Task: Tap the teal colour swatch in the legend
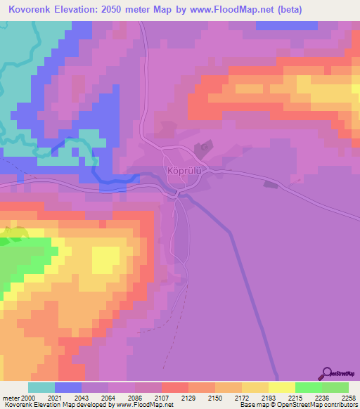pyautogui.click(x=41, y=387)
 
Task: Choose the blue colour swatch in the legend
pyautogui.click(x=68, y=387)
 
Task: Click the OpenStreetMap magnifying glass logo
pyautogui.click(x=326, y=373)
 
